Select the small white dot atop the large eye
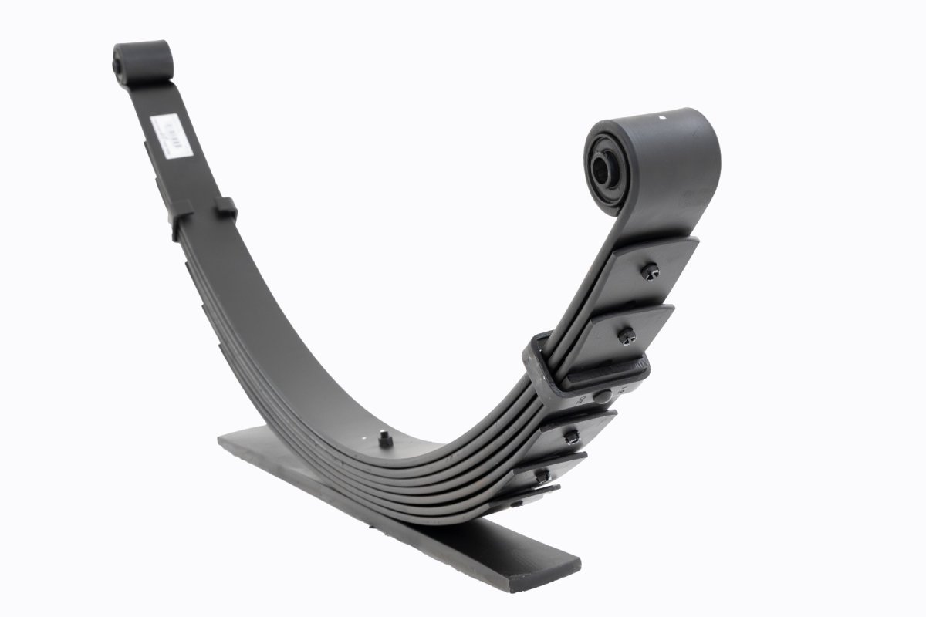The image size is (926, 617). point(662,119)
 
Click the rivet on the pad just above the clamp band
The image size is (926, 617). point(626,334)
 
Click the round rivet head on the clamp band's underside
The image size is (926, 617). point(604,395)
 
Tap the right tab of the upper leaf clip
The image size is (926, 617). point(225,207)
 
